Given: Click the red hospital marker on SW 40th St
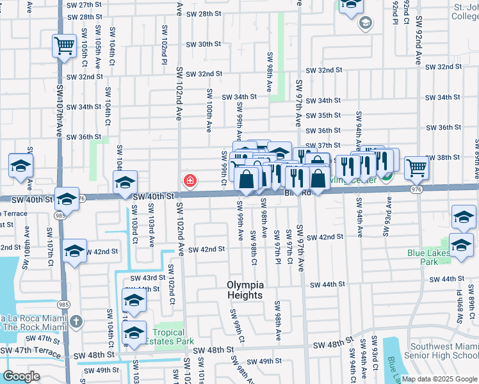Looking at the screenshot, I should pos(190,182).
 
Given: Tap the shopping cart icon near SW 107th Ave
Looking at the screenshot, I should pos(64,46).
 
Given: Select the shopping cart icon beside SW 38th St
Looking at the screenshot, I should pos(416,168).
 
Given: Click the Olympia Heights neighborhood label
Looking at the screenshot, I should pos(245,290).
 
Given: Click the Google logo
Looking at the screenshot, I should pos(22,376).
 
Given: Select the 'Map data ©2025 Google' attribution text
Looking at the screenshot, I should pos(439,379).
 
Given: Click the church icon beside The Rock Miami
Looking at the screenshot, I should pos(76,321).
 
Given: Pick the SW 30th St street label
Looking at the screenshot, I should pos(203,44).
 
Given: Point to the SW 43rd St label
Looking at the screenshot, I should pos(148,278).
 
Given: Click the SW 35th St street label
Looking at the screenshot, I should pos(323,115).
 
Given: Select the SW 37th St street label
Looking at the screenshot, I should pos(323,145).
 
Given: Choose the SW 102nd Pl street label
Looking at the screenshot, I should pos(165,45).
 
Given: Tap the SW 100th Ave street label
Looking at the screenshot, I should pos(209,110).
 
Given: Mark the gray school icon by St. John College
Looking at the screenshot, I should pos(366,24).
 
